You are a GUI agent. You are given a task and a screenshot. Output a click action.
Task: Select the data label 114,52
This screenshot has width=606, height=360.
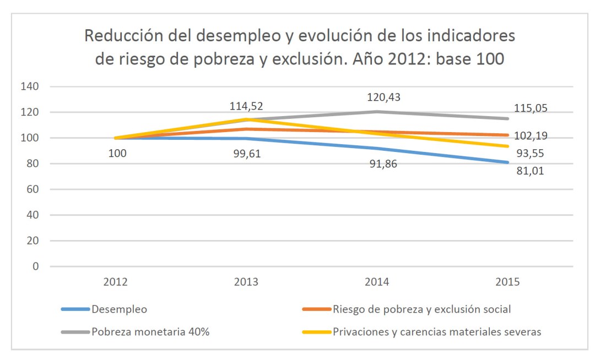(x=247, y=105)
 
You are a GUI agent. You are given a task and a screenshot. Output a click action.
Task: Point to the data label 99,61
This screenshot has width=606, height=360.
(x=247, y=154)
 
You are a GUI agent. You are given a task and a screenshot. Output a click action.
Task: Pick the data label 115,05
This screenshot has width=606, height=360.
(x=531, y=108)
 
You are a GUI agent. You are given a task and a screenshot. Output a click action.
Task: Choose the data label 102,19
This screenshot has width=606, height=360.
(x=531, y=135)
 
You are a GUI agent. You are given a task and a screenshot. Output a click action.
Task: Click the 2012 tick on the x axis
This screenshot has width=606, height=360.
(x=117, y=282)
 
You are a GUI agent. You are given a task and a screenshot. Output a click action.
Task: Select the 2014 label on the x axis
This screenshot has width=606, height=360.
(x=377, y=282)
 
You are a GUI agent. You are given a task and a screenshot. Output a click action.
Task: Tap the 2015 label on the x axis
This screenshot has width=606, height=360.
(x=507, y=282)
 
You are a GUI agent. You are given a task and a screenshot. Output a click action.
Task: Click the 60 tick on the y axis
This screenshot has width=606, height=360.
(x=34, y=189)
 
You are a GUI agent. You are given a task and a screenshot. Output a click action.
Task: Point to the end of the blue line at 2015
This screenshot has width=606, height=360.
(x=507, y=162)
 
